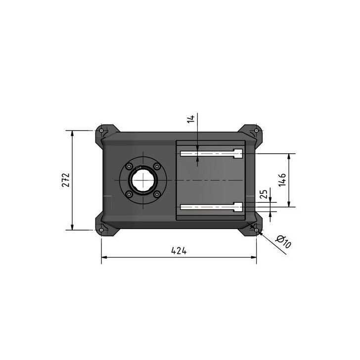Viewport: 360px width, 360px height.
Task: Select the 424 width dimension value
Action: (x=179, y=251)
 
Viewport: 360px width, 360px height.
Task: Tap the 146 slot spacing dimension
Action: (x=282, y=180)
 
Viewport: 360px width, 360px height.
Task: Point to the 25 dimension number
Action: (x=263, y=193)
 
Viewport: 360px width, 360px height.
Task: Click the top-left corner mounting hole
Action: (x=101, y=131)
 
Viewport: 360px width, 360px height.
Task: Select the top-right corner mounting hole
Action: (x=256, y=131)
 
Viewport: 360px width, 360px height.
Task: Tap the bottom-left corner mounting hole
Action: (x=101, y=229)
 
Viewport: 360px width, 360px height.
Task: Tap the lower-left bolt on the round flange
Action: (x=129, y=194)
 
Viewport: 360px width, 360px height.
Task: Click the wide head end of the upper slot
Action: (x=238, y=154)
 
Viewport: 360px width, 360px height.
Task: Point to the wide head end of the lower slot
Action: (x=238, y=206)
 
